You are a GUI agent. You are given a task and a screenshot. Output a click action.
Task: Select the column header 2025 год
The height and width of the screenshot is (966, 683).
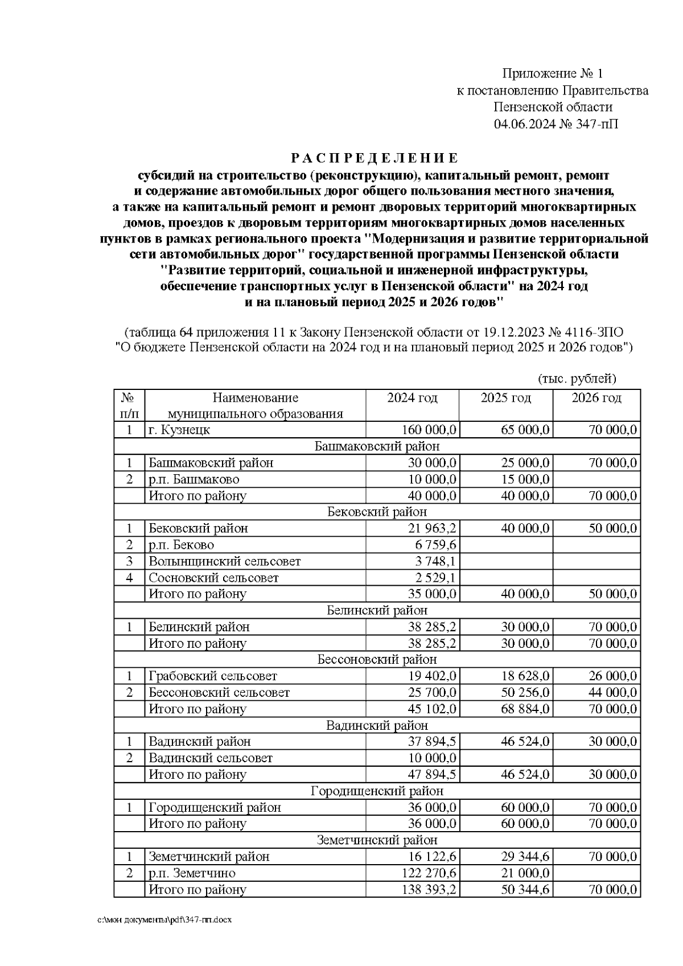[505, 398]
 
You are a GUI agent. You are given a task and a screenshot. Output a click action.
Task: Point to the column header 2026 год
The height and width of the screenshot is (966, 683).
[596, 398]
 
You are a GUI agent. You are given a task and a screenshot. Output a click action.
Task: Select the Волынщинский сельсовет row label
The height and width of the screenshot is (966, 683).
[224, 561]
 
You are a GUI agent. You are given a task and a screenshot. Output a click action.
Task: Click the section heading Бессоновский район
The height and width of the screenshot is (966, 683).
[377, 660]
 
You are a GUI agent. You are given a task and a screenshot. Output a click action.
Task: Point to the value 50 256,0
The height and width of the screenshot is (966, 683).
[525, 693]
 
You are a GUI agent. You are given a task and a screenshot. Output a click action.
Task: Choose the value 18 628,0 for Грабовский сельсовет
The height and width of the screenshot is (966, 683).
[525, 676]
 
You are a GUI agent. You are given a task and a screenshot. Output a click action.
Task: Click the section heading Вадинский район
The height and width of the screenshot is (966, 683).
[377, 725]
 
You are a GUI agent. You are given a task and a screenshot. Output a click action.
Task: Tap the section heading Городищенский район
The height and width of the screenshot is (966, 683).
[377, 791]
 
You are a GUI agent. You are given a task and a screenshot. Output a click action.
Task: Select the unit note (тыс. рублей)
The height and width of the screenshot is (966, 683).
[576, 379]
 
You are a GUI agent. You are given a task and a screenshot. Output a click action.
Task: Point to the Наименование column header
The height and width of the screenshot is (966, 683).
[255, 398]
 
